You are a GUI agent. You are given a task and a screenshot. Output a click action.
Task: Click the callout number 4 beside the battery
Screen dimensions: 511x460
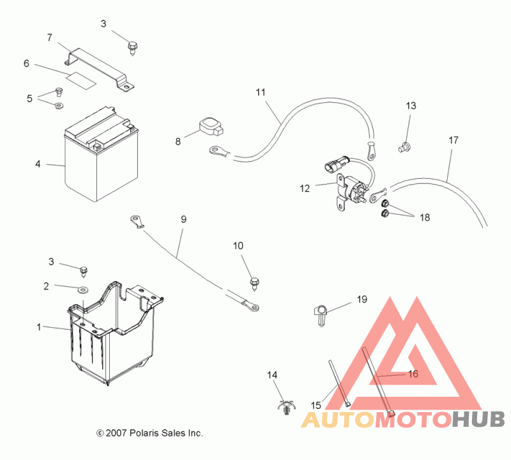[38, 164]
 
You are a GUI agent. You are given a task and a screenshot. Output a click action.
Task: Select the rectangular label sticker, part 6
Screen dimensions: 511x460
[82, 80]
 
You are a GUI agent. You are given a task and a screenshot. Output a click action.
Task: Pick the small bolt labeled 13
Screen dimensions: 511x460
[404, 147]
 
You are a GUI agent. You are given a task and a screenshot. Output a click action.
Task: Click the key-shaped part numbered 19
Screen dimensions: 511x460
[321, 314]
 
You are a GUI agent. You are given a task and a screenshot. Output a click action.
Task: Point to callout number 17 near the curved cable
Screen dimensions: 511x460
[454, 140]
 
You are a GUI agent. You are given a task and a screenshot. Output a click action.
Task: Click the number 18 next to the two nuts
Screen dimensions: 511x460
[425, 217]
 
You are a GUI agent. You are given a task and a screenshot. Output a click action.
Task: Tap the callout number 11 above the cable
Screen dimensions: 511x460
[261, 92]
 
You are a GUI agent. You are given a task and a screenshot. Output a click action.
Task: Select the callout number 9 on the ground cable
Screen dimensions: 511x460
[183, 219]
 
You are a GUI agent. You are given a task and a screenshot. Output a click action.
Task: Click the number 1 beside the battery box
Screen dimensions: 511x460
[39, 327]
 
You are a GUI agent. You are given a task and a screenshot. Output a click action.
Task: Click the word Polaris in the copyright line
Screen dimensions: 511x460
[144, 433]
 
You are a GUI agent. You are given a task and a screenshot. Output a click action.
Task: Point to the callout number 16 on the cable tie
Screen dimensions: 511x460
[413, 374]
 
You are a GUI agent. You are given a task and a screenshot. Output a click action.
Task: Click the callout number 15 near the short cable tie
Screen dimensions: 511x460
[316, 405]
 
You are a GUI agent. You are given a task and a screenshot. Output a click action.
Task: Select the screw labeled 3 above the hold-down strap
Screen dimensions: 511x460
[132, 48]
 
